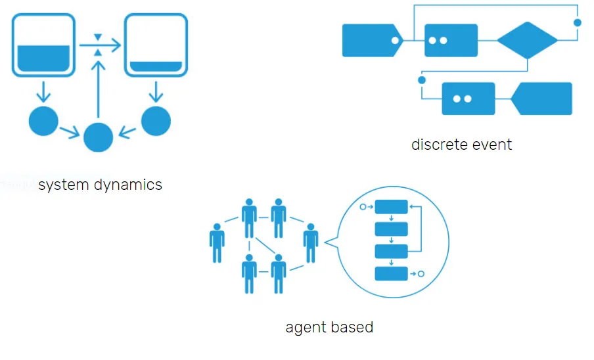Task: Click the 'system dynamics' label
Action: pos(100,185)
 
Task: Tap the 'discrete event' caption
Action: pos(461,145)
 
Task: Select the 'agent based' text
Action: pos(329,326)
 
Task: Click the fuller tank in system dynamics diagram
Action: pos(43,45)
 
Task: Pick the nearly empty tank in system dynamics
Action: pos(156,45)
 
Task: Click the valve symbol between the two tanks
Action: pos(98,45)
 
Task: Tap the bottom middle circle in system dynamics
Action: pos(99,137)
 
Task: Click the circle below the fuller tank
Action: pos(44,121)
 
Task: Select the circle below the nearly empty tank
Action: pos(156,121)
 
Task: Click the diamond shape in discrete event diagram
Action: pos(527,40)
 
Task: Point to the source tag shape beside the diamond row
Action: pos(372,40)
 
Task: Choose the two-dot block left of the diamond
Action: pos(451,40)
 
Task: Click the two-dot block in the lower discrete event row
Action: pos(468,99)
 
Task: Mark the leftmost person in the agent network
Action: pos(217,243)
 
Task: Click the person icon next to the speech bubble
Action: pos(311,243)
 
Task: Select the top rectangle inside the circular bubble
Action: pos(392,207)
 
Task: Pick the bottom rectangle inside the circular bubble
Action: pos(392,273)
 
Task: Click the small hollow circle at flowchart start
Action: pos(363,207)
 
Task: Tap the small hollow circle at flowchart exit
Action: pos(421,273)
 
